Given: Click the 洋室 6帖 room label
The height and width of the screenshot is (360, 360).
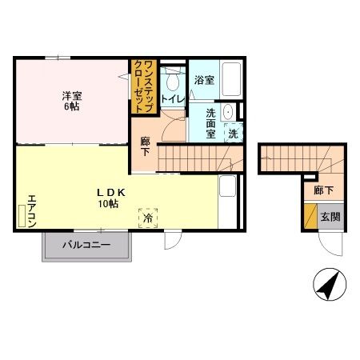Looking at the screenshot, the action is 72,101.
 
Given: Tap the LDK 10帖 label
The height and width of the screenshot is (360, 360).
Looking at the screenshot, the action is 110,198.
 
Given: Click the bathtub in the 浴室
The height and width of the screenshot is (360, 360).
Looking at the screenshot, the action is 231,79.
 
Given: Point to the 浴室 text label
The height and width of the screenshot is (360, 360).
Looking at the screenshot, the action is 204,80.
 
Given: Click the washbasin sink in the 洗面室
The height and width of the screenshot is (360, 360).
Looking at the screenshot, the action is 228,112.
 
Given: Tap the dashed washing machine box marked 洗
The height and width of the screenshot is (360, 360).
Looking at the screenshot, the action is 234,133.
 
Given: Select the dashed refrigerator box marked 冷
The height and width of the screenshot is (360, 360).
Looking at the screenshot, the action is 148,218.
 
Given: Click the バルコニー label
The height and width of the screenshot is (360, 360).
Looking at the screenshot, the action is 86,245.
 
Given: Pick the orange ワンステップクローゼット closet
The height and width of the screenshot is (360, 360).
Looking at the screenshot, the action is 144,86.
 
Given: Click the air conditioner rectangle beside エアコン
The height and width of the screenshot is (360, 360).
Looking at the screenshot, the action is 22,216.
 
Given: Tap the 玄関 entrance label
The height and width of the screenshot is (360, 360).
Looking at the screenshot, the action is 330,217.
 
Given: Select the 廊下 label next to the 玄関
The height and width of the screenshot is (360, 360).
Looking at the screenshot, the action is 323,190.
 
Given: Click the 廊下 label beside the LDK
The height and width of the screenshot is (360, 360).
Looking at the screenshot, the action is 145,146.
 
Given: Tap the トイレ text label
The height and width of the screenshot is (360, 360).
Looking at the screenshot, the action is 173,99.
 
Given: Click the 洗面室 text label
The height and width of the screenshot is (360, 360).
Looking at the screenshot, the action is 210,123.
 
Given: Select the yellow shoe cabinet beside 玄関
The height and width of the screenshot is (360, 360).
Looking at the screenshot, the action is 310,216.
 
